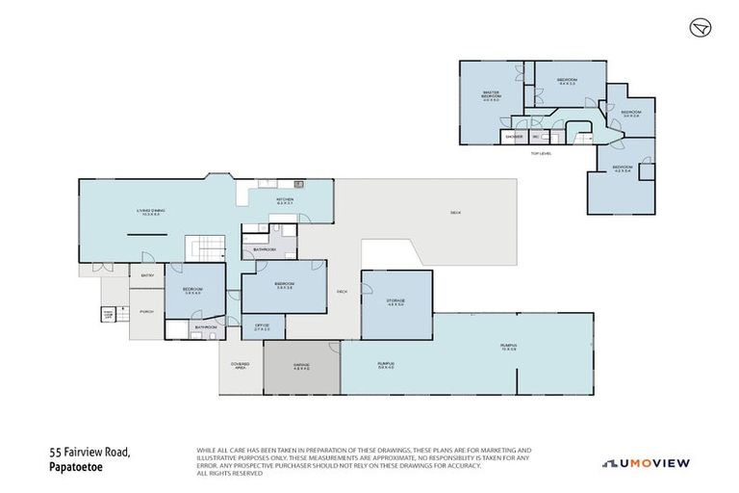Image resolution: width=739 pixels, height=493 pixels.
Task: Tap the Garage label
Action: [300, 366]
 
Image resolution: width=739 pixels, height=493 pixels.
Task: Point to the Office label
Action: [262, 327]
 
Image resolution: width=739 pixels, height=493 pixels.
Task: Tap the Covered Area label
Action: [240, 365]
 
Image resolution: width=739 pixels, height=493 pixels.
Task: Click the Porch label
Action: [147, 311]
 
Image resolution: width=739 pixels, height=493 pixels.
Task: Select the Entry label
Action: [148, 275]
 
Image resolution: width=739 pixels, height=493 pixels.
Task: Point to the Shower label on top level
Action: [514, 137]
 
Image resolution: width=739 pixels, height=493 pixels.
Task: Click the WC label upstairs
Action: [535, 137]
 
